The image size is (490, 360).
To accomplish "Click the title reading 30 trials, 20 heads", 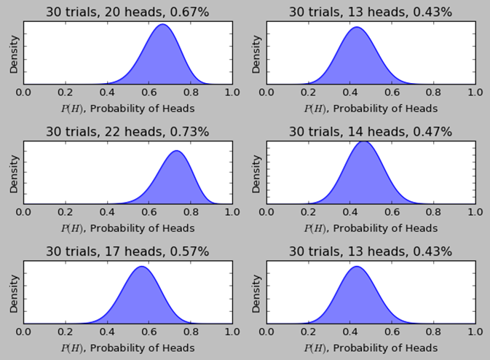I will [x=127, y=12].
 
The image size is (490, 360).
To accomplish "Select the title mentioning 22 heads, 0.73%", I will [x=127, y=132].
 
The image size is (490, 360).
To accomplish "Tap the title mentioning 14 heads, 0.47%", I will [x=371, y=132].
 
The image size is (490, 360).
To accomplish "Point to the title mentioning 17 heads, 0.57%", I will [x=127, y=252].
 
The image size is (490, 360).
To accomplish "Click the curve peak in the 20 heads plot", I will [x=162, y=25].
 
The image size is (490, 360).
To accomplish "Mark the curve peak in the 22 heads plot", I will [x=175, y=151].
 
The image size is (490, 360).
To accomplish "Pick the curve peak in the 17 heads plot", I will [x=141, y=267].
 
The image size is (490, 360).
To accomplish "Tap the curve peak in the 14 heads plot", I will [x=364, y=141].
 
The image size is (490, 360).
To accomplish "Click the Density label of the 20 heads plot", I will [x=14, y=54].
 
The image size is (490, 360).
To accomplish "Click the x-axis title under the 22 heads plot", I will [x=127, y=228].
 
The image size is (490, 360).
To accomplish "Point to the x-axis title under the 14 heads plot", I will [x=371, y=228].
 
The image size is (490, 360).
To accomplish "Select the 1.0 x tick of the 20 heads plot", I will [x=232, y=93].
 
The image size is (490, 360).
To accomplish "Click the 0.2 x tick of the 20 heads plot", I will [x=65, y=93].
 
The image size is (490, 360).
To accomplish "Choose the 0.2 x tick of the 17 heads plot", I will [x=65, y=333].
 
